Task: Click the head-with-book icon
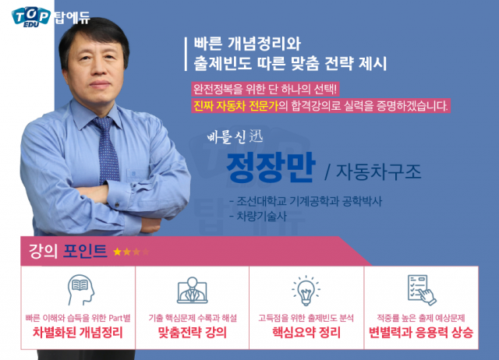coord(79,290)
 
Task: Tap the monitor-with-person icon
coord(192,291)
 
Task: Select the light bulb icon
coord(306,290)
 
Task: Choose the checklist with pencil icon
coord(419,289)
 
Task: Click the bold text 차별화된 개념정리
coord(78,334)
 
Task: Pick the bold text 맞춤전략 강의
coord(192,334)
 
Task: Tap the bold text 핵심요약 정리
coord(306,334)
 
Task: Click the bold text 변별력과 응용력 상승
coord(420,334)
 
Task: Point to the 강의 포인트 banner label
coord(66,252)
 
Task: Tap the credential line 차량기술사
coord(262,217)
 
